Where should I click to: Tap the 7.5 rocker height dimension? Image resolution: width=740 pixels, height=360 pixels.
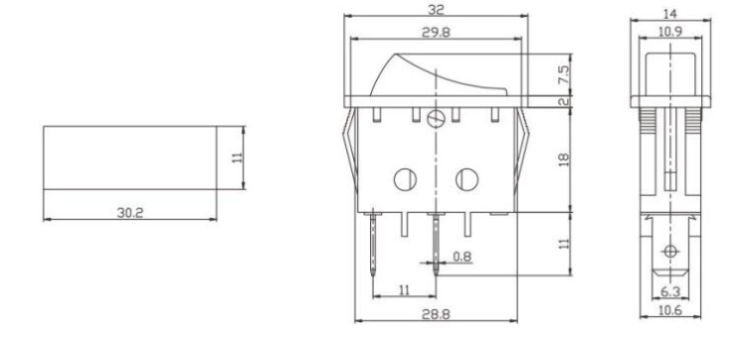564,74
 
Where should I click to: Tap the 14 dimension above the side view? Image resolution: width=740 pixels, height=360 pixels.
668,15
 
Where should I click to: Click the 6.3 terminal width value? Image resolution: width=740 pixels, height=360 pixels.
669,292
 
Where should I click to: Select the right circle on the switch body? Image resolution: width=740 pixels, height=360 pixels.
464,180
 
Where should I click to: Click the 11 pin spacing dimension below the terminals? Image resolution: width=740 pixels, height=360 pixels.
405,288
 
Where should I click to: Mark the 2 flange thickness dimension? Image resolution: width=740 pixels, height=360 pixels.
563,101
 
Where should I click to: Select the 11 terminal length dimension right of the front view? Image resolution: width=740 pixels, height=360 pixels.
564,245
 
